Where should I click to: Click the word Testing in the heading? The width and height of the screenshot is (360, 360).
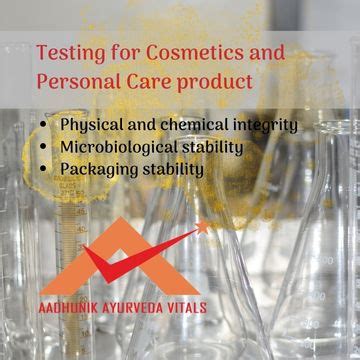click(68, 51)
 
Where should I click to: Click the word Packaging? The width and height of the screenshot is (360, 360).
click(101, 170)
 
